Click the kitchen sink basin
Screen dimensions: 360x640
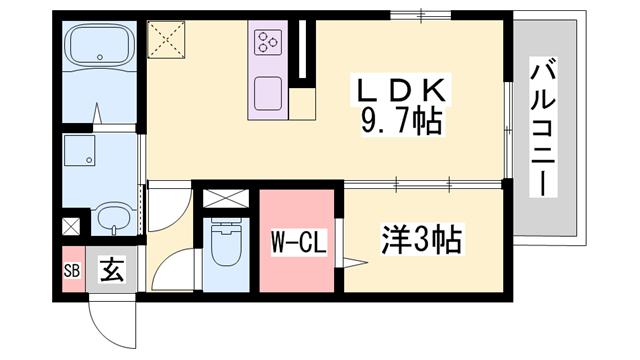pos(268,94)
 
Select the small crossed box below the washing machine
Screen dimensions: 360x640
pos(71,226)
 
